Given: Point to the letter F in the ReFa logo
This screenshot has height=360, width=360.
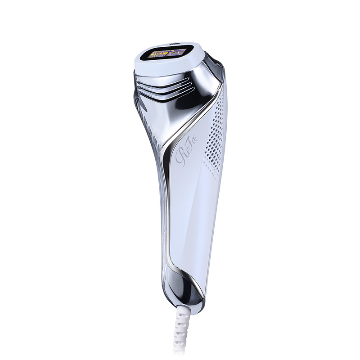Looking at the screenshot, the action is (x=187, y=153).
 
